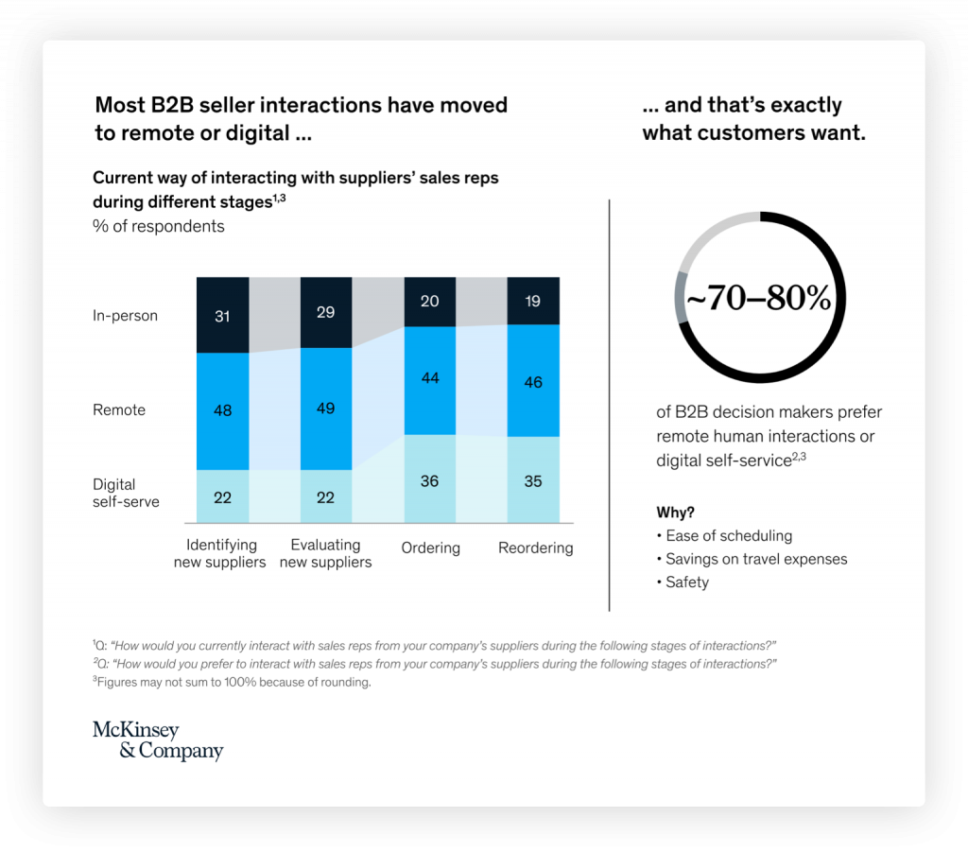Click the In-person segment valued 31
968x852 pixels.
[222, 315]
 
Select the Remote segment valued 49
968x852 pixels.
[326, 409]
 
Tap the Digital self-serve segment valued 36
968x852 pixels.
[430, 479]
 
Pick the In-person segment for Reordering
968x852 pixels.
[533, 301]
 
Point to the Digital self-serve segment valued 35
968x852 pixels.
[533, 480]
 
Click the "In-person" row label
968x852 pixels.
[125, 316]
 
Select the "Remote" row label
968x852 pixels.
[119, 409]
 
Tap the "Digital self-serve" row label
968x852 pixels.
[126, 493]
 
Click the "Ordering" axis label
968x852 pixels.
[430, 548]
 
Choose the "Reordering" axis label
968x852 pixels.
[535, 548]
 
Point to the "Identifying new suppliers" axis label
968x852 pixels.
[221, 553]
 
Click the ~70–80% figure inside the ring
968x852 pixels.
[758, 300]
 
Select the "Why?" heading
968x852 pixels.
[675, 513]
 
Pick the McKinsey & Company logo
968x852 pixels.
[158, 740]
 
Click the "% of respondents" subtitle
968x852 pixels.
[159, 226]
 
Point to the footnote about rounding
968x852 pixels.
[232, 682]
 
